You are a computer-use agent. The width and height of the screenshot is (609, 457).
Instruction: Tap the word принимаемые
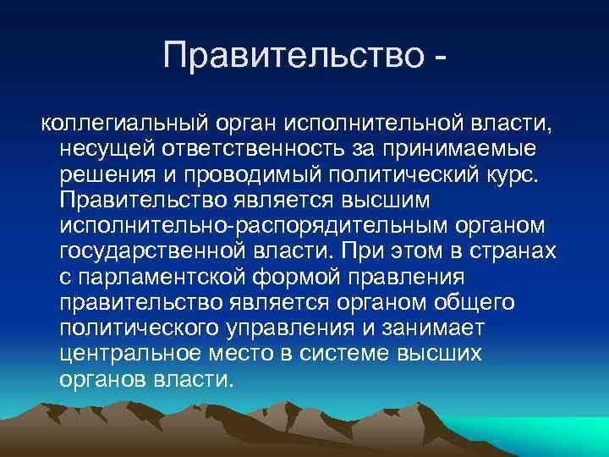coord(457,150)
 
